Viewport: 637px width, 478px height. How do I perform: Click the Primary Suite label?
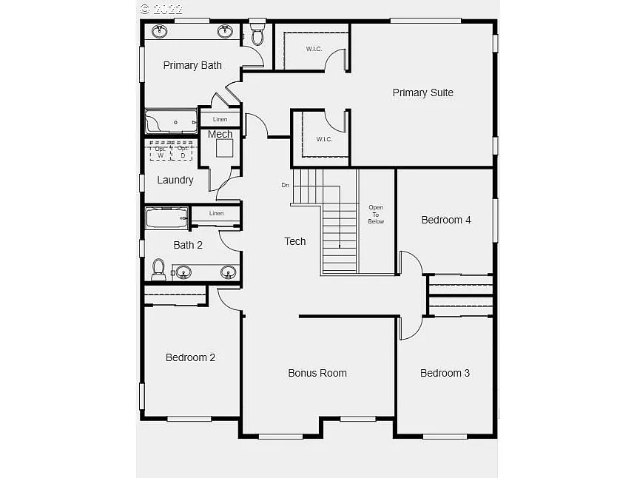[x=422, y=92]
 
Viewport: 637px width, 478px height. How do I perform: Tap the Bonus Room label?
[x=317, y=373]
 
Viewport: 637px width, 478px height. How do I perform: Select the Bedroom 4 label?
[x=446, y=220]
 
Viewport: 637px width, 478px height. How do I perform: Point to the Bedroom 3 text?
[x=445, y=373]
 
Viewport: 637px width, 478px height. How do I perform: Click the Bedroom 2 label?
[x=190, y=357]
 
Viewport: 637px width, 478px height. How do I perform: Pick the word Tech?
[x=295, y=241]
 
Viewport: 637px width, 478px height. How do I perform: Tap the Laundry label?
[x=175, y=180]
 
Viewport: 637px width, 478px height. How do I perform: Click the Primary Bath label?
[x=192, y=65]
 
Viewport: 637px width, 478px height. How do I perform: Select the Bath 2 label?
[x=188, y=245]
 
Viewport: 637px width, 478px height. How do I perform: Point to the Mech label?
[x=220, y=134]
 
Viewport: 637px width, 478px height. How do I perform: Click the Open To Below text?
[x=376, y=215]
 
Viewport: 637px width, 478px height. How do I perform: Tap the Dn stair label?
[x=285, y=185]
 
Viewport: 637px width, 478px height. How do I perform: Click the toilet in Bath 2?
[x=158, y=269]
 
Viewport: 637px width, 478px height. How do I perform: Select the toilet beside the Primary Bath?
[x=257, y=33]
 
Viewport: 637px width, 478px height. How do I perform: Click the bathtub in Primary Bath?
[x=171, y=121]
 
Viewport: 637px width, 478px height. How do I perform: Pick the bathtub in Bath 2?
[x=166, y=218]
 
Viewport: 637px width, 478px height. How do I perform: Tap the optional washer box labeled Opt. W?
[x=161, y=152]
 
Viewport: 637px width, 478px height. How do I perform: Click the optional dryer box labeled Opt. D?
[x=182, y=152]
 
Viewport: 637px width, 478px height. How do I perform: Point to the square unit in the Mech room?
[x=224, y=148]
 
